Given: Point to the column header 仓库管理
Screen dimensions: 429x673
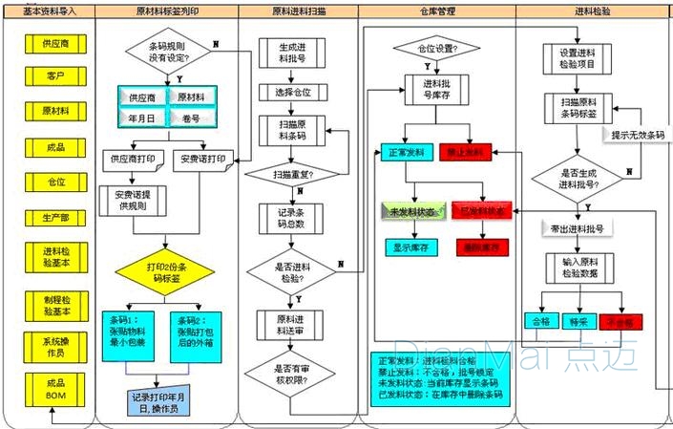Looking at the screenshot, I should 436,11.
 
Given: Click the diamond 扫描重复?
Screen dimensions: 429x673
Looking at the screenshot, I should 292,175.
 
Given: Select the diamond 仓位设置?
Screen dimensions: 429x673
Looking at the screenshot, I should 433,48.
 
